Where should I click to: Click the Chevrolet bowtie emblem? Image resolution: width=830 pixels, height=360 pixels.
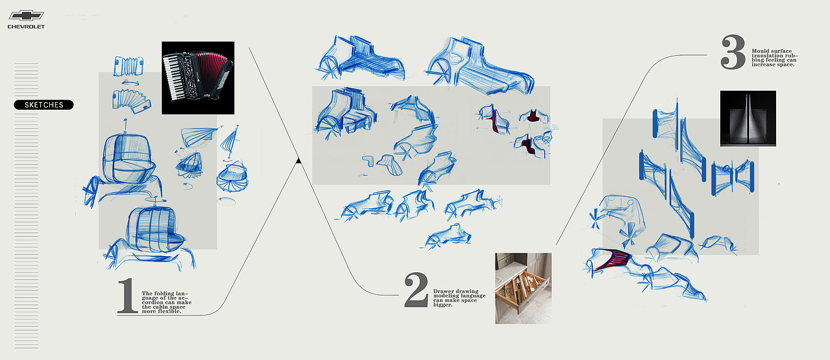click(x=26, y=15)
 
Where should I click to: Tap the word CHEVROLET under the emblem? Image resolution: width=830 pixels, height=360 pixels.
click(x=26, y=27)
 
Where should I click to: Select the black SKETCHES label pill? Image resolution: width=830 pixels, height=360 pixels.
click(x=44, y=105)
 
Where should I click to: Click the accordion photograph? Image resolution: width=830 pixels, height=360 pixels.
click(x=198, y=78)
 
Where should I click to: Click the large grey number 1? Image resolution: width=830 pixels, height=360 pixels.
click(x=127, y=295)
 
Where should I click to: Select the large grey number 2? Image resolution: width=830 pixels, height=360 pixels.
click(x=416, y=290)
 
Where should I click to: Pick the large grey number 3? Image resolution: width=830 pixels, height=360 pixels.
click(x=733, y=52)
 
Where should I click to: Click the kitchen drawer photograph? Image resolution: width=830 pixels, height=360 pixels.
click(x=523, y=288)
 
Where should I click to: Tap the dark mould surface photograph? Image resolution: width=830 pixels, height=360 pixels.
click(x=748, y=118)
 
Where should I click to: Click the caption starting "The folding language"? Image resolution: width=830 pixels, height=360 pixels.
click(x=167, y=302)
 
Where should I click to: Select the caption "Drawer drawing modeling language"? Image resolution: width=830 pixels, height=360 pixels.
click(x=459, y=298)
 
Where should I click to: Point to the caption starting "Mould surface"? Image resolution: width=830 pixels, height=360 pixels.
click(x=775, y=58)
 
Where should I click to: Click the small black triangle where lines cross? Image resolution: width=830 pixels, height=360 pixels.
click(x=299, y=160)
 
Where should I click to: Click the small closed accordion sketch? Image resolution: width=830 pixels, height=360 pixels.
click(x=128, y=66)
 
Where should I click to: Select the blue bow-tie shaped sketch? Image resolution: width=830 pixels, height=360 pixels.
click(x=733, y=177)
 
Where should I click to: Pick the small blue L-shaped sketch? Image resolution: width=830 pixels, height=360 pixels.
click(x=368, y=161)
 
